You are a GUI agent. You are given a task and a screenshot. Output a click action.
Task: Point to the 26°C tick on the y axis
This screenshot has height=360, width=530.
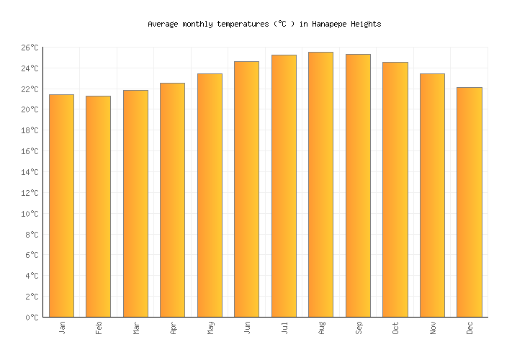click(29, 48)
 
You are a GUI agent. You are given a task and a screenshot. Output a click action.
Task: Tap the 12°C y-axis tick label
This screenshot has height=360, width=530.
click(29, 193)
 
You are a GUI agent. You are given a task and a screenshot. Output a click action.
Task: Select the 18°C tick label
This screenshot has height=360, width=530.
click(29, 130)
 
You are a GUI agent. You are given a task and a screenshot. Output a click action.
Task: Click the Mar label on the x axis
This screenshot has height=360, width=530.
click(136, 328)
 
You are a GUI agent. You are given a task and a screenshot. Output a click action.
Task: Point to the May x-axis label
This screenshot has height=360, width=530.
click(210, 328)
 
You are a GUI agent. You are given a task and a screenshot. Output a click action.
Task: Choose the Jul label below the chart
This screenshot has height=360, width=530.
click(284, 327)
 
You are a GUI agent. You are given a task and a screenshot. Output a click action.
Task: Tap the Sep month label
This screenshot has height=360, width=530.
click(359, 328)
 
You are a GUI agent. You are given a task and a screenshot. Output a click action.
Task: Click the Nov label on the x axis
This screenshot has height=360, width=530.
click(433, 328)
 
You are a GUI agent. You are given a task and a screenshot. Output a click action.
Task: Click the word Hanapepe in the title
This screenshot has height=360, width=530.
click(329, 24)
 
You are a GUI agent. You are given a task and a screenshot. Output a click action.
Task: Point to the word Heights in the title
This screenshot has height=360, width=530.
click(365, 24)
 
